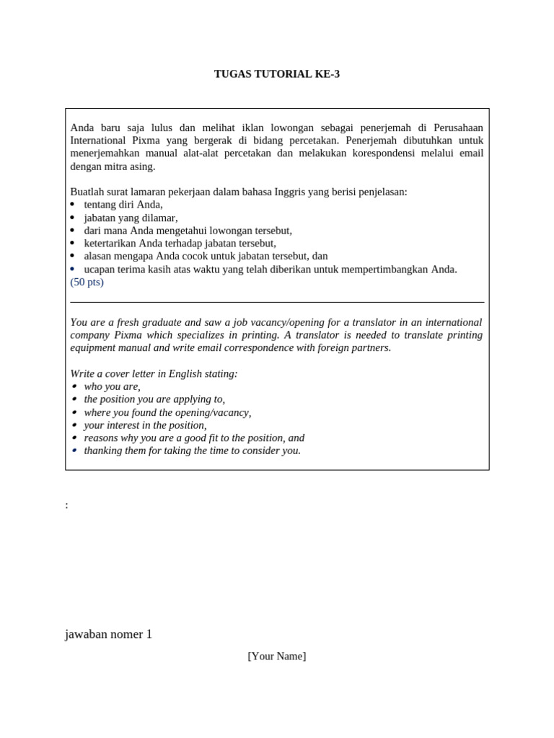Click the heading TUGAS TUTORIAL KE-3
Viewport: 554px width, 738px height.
pyautogui.click(x=277, y=74)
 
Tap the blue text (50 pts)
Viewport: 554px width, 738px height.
pyautogui.click(x=87, y=282)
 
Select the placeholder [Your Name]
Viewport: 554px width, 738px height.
pyautogui.click(x=277, y=656)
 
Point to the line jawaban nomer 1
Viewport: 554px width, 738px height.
pyautogui.click(x=108, y=634)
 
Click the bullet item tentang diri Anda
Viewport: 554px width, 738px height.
pyautogui.click(x=123, y=205)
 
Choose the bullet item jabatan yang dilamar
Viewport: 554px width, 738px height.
pyautogui.click(x=131, y=218)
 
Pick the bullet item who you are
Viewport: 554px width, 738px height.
pyautogui.click(x=112, y=386)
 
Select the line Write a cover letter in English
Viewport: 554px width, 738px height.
pyautogui.click(x=154, y=373)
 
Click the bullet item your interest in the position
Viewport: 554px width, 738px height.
pyautogui.click(x=145, y=425)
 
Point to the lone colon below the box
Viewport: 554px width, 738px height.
pyautogui.click(x=66, y=505)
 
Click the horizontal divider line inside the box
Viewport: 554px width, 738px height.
pyautogui.click(x=277, y=302)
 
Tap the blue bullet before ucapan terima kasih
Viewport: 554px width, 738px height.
pyautogui.click(x=72, y=269)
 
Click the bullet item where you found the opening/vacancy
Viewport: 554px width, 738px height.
pyautogui.click(x=167, y=412)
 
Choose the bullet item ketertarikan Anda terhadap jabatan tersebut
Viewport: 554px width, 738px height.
pyautogui.click(x=180, y=244)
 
